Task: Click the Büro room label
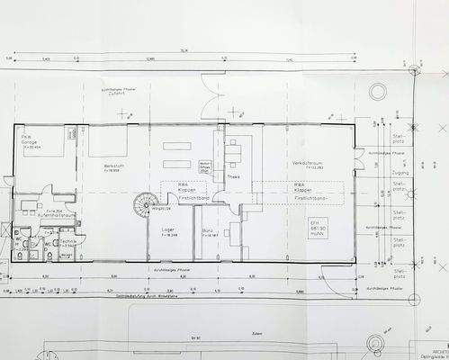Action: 210,232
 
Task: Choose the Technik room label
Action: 66,241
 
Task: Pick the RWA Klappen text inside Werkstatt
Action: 184,192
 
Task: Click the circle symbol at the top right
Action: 413,71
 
